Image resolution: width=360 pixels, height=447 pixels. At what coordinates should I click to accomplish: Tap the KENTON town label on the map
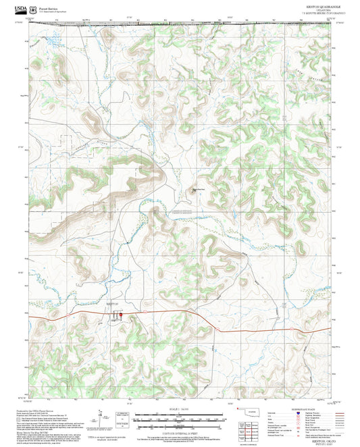pyautogui.click(x=113, y=305)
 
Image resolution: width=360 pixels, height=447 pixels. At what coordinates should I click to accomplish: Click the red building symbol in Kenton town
pyautogui.click(x=115, y=315)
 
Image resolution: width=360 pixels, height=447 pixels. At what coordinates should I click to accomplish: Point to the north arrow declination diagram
pyautogui.click(x=103, y=418)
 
